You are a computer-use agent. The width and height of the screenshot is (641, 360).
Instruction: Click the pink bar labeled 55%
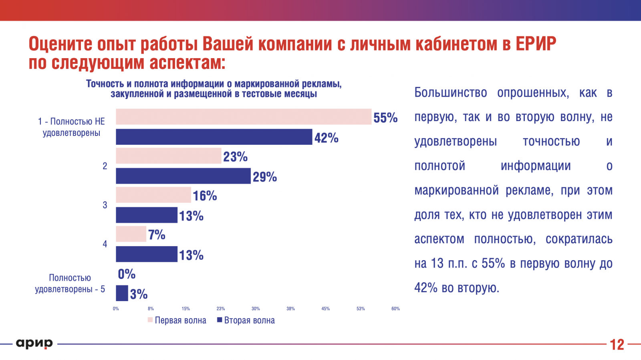(244, 117)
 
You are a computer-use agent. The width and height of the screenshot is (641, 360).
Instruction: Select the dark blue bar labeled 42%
(214, 137)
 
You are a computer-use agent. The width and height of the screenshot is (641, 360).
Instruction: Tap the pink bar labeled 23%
(169, 156)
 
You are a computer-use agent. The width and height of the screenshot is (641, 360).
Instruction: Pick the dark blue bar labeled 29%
(183, 176)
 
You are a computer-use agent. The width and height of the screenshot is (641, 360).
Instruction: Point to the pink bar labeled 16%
(153, 195)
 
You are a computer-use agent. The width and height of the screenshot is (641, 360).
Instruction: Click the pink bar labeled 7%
(131, 234)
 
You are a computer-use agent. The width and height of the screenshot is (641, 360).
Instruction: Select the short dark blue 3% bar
(122, 293)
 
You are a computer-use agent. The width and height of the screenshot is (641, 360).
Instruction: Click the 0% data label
(127, 274)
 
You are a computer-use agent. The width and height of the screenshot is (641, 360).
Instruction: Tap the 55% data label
(385, 118)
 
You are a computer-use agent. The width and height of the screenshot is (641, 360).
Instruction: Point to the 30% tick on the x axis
(256, 309)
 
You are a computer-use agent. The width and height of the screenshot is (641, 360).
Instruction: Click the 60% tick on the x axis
(395, 309)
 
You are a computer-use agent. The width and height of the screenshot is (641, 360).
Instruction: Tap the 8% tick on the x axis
(151, 309)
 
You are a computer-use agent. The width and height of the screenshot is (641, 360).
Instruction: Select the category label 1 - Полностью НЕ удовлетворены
(71, 127)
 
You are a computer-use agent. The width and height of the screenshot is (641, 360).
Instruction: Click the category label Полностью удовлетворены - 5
(70, 283)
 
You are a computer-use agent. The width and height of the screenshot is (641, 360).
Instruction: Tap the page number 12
(617, 345)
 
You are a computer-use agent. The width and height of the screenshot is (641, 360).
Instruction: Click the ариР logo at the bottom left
(34, 344)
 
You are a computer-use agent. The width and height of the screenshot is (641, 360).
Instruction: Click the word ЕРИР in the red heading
(536, 44)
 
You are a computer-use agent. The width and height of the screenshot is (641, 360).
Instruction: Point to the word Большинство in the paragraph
(450, 93)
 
